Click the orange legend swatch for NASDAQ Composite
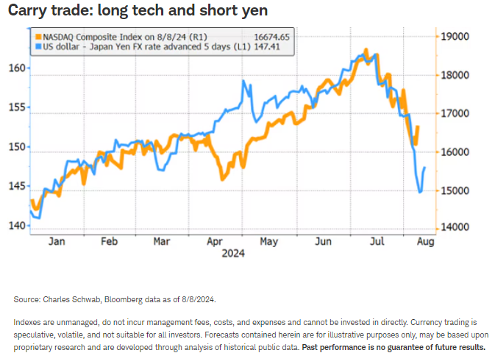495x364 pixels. (36, 35)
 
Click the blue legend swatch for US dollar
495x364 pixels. (36, 46)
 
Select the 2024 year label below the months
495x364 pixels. (232, 253)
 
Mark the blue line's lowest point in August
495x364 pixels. (420, 193)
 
